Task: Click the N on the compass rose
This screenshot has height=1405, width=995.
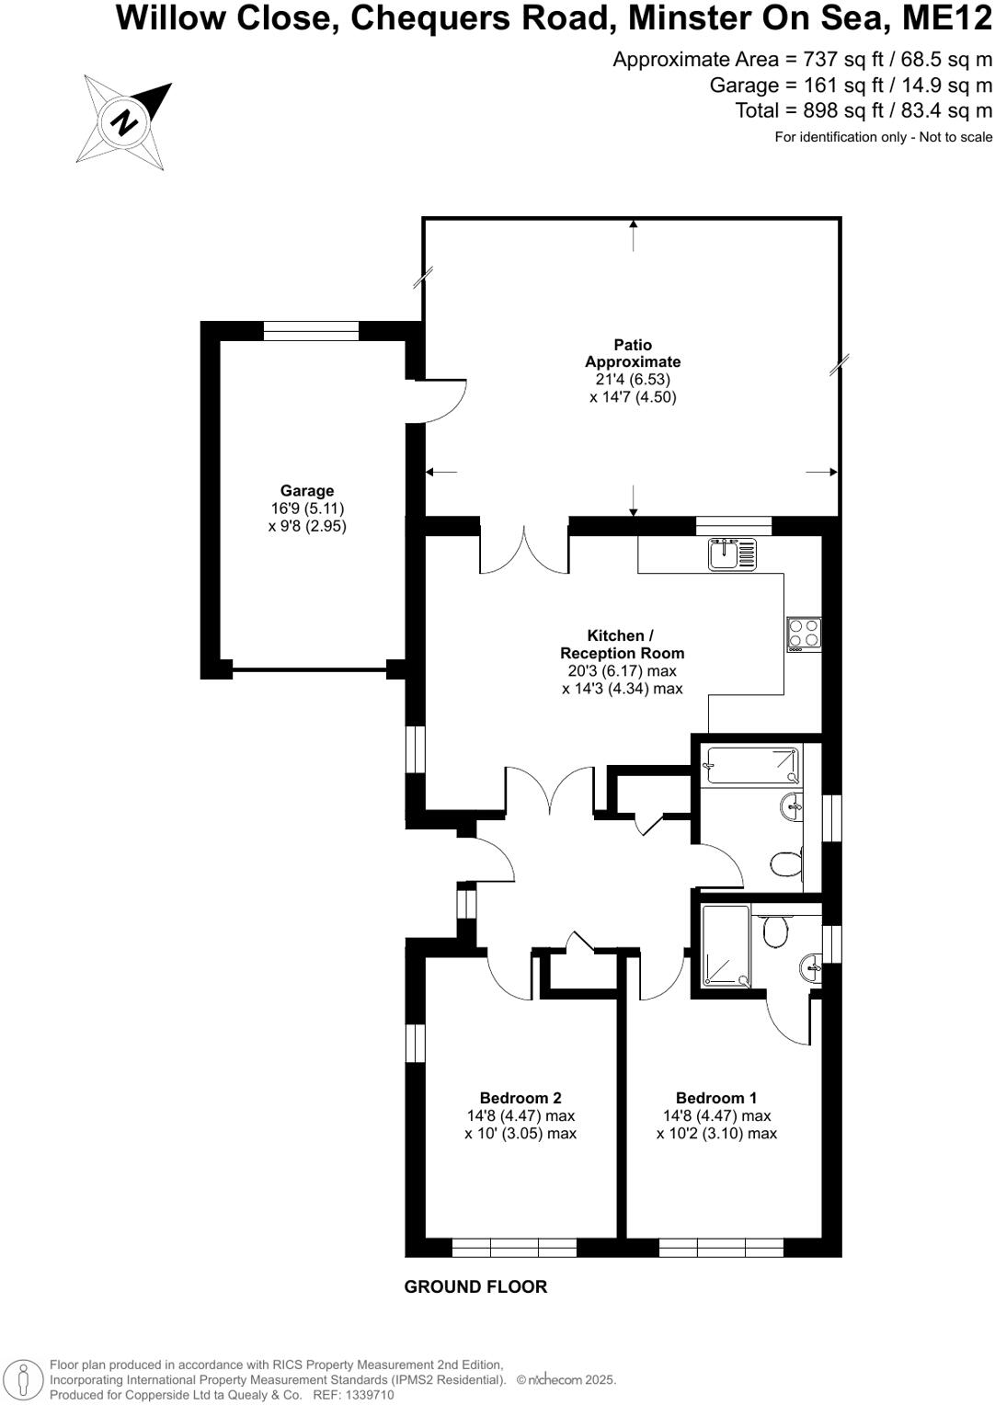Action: click(123, 122)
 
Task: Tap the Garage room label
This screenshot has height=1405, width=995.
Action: click(307, 491)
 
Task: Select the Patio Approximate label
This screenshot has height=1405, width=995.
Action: click(633, 353)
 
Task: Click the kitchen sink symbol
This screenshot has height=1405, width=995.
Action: click(732, 554)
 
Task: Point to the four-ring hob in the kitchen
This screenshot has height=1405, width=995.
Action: click(804, 634)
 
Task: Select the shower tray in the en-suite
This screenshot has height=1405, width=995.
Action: click(726, 946)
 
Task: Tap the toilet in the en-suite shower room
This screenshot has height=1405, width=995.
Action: click(776, 931)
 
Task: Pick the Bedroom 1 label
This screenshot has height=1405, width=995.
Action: click(715, 1098)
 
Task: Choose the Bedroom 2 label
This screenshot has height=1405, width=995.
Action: click(520, 1098)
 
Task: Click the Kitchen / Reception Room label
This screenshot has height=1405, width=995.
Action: click(622, 645)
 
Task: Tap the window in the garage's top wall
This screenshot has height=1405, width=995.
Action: click(311, 331)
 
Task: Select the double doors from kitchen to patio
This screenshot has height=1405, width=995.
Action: click(524, 552)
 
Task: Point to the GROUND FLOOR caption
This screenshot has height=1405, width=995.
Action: click(475, 1287)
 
